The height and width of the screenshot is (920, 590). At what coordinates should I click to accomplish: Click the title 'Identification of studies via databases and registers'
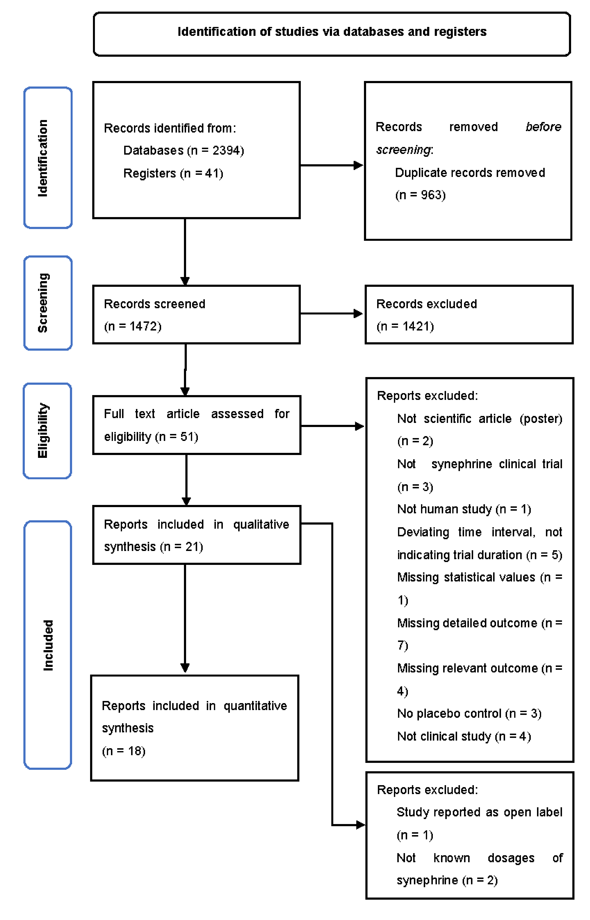point(332,31)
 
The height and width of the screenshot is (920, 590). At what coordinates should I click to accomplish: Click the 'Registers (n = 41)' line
point(173,174)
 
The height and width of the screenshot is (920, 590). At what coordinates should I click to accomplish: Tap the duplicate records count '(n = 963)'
point(420,195)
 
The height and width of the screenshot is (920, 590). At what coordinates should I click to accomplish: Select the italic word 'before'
point(543,127)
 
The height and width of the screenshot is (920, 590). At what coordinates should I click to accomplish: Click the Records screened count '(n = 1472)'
point(133,326)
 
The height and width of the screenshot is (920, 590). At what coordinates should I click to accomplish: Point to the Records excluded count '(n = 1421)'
point(405,326)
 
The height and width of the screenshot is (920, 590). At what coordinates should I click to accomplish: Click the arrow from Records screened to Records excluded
point(331,314)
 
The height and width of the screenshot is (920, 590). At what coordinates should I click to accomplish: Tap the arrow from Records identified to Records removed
point(331,166)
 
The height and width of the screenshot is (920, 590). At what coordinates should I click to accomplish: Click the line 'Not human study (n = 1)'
point(464,509)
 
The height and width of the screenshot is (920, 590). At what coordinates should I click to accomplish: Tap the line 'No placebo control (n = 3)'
point(469,714)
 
